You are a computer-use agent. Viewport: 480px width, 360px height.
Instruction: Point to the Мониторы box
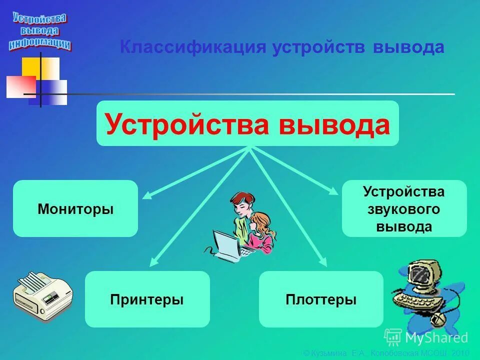pyautogui.click(x=75, y=209)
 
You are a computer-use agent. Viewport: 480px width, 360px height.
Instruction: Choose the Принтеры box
pyautogui.click(x=147, y=299)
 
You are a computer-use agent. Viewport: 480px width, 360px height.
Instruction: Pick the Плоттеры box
pyautogui.click(x=321, y=299)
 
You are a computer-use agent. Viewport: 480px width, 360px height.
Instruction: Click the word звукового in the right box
pyautogui.click(x=404, y=209)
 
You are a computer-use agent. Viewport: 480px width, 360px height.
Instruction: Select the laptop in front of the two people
pyautogui.click(x=227, y=244)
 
